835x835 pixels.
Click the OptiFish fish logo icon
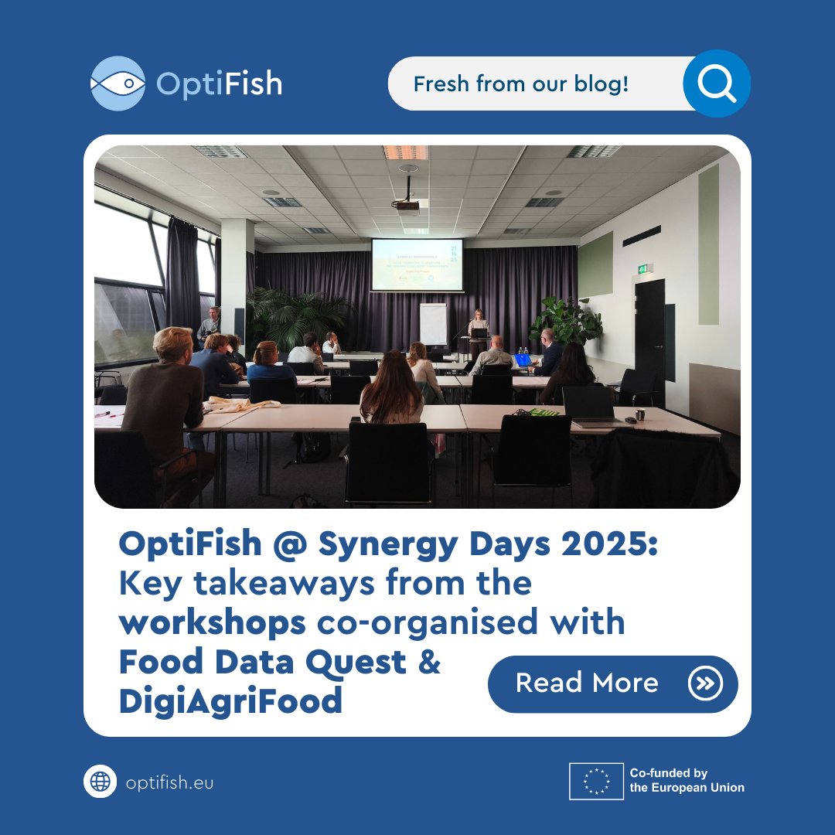point(118,83)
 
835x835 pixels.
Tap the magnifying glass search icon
point(716,83)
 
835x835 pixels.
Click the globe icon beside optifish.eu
point(100,782)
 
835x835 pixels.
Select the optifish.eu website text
point(169,782)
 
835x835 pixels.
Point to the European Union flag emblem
point(596,781)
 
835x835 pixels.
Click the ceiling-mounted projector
point(406,204)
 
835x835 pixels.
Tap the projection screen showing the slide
point(417,264)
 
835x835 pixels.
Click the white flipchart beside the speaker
point(433,324)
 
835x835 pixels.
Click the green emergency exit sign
point(644,268)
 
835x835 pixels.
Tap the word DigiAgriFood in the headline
point(230,701)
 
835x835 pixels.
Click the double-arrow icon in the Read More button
point(704,683)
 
